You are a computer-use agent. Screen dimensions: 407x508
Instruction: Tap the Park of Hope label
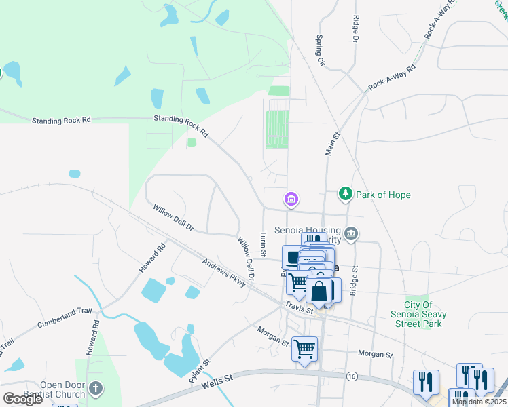pos(382,195)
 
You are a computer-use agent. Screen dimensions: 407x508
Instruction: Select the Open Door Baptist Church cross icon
pos(96,389)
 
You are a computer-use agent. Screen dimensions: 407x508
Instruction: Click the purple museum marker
pos(291,199)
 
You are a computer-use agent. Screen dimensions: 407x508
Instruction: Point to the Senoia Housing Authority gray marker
pos(351,234)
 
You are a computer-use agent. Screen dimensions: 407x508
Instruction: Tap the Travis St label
pos(299,307)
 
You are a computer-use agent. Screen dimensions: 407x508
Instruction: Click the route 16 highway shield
pos(351,376)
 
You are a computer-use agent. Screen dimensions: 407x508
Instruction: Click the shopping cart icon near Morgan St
pos(304,349)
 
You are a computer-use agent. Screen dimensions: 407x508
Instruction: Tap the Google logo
pos(22,399)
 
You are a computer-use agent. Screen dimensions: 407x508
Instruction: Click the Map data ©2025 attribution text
pos(478,402)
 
